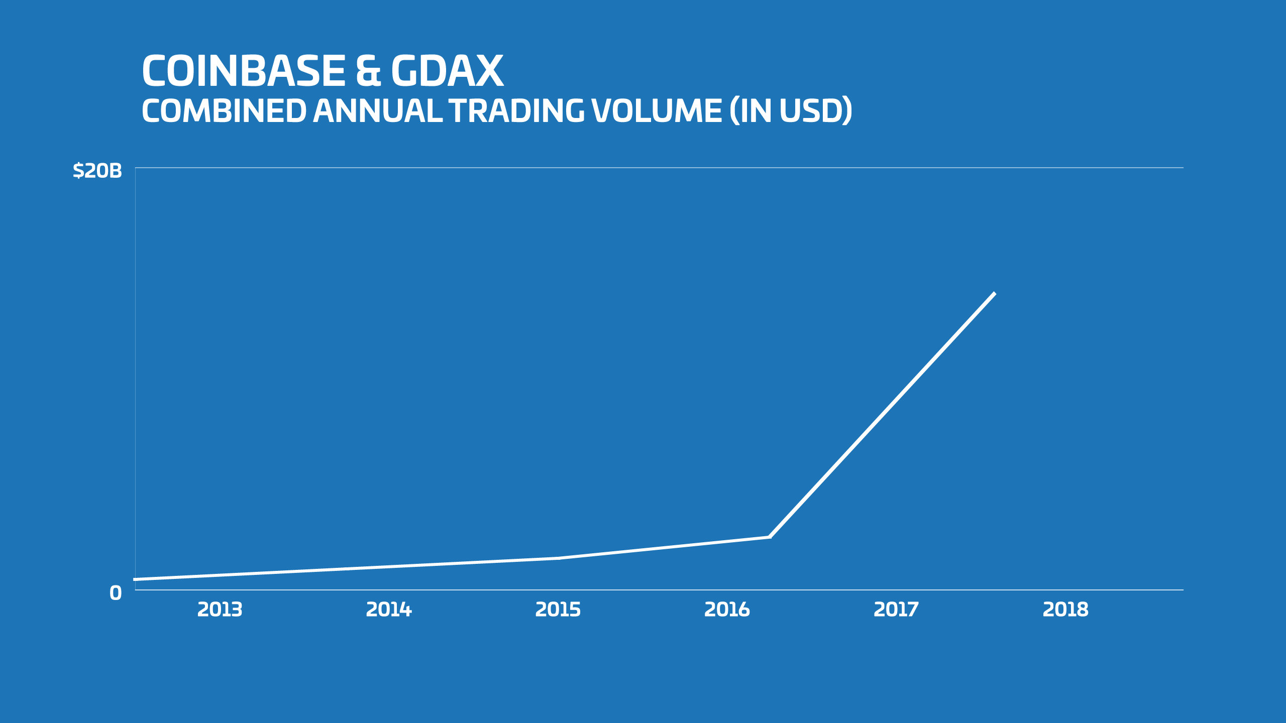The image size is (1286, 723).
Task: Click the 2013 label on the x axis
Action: pyautogui.click(x=220, y=610)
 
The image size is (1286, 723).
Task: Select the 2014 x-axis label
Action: pyautogui.click(x=389, y=610)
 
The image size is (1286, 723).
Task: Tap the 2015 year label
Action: pyautogui.click(x=558, y=610)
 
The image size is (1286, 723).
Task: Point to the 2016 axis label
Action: pyautogui.click(x=727, y=610)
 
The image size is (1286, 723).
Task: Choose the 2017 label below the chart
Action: pyautogui.click(x=896, y=610)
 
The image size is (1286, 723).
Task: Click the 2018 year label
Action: pyautogui.click(x=1065, y=610)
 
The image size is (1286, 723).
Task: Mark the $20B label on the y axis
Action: pyautogui.click(x=97, y=171)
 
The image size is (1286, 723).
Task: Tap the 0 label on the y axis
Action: pyautogui.click(x=116, y=593)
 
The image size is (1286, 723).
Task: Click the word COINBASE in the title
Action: pyautogui.click(x=244, y=71)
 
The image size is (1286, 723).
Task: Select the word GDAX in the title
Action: pyautogui.click(x=447, y=71)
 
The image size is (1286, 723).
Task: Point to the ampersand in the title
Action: pyautogui.click(x=368, y=71)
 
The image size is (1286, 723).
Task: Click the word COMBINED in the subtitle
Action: pyautogui.click(x=224, y=111)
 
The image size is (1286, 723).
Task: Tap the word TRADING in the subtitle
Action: pyautogui.click(x=516, y=111)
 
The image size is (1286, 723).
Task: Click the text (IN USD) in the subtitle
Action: pyautogui.click(x=791, y=111)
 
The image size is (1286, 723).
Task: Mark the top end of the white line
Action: pyautogui.click(x=994, y=294)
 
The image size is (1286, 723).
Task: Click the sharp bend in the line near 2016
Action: pyautogui.click(x=770, y=537)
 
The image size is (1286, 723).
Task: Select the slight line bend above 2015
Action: pyautogui.click(x=559, y=558)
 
